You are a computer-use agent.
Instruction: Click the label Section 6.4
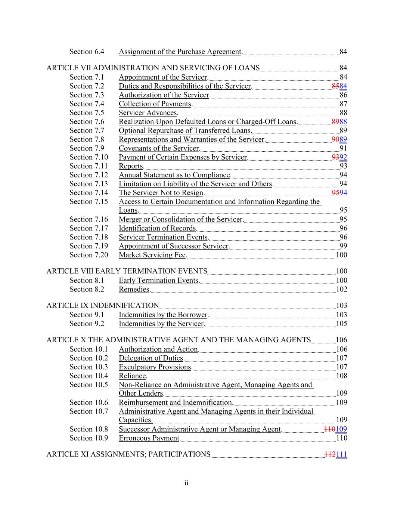pyautogui.click(x=87, y=52)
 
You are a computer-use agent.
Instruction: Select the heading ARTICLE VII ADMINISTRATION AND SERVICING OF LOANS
pyautogui.click(x=153, y=68)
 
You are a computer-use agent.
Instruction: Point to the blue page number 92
pyautogui.click(x=343, y=157)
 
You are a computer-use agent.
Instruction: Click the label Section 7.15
pyautogui.click(x=89, y=202)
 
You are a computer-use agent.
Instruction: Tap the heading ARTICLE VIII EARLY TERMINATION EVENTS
pyautogui.click(x=127, y=271)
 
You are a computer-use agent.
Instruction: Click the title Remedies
pyautogui.click(x=134, y=290)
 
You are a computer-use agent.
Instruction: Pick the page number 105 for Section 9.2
pyautogui.click(x=341, y=324)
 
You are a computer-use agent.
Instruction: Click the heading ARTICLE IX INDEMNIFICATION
pyautogui.click(x=103, y=306)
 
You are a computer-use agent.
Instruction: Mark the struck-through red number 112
pyautogui.click(x=330, y=455)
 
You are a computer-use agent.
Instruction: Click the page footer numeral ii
pyautogui.click(x=186, y=483)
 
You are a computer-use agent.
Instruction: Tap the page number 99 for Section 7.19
pyautogui.click(x=343, y=246)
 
